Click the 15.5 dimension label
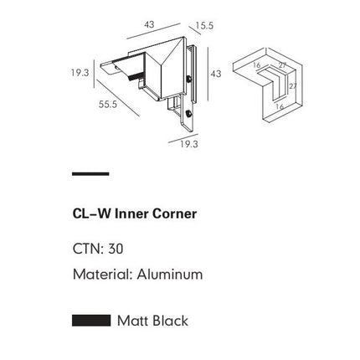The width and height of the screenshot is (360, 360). click(x=205, y=25)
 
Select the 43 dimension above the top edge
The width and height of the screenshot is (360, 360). click(x=150, y=24)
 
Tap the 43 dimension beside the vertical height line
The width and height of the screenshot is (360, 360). click(x=215, y=74)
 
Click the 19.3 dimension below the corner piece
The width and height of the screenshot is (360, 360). click(x=189, y=144)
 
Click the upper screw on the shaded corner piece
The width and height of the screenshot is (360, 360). click(x=192, y=82)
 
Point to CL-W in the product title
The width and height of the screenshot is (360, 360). click(x=92, y=213)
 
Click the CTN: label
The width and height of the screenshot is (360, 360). click(x=89, y=249)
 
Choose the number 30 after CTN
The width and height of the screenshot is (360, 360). click(x=116, y=249)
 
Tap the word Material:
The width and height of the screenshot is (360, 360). click(x=103, y=274)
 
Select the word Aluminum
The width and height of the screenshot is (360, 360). click(x=170, y=274)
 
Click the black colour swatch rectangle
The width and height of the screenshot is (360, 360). click(x=91, y=320)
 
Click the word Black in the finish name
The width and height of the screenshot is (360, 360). click(x=170, y=321)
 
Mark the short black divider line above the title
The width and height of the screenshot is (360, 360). click(x=90, y=173)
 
